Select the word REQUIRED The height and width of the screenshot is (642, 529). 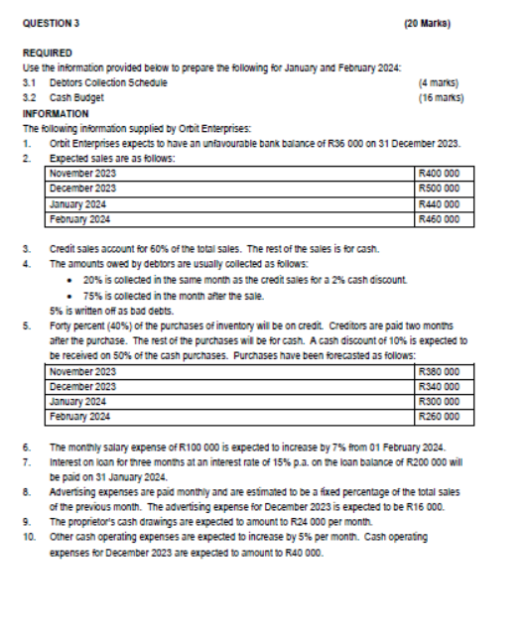pos(46,54)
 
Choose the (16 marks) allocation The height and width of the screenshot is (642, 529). pos(438,98)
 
